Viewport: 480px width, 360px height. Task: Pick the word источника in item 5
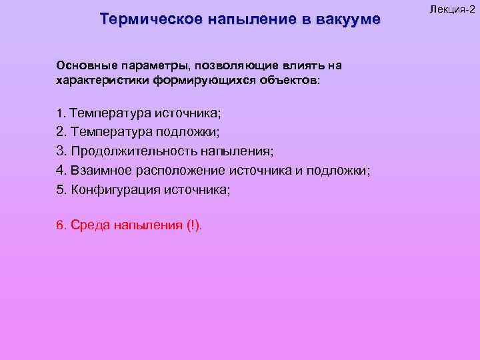tap(197, 189)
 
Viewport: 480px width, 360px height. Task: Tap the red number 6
tap(60, 225)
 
